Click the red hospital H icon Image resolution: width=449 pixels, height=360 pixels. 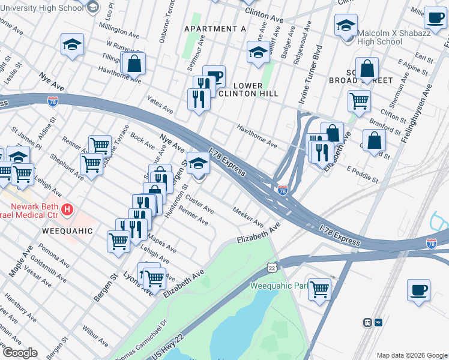pyautogui.click(x=68, y=209)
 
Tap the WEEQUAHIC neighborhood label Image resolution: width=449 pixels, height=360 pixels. pyautogui.click(x=67, y=231)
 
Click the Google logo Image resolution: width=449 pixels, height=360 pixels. pyautogui.click(x=20, y=353)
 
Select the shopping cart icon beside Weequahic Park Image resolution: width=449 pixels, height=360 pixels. pyautogui.click(x=319, y=289)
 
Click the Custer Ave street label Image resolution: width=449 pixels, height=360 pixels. pyautogui.click(x=199, y=204)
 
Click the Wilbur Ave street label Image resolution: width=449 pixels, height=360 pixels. pyautogui.click(x=95, y=337)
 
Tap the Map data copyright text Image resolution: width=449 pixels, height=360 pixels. pyautogui.click(x=411, y=355)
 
